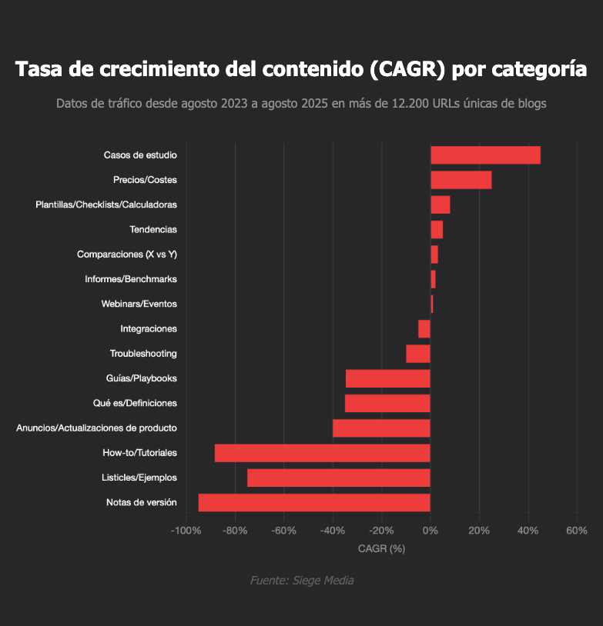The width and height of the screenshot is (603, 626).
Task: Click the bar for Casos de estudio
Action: tap(485, 155)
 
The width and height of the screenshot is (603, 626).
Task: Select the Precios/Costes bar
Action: tap(461, 180)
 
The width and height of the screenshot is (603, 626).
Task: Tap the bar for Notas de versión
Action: tap(314, 503)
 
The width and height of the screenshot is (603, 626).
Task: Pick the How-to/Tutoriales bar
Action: tap(322, 453)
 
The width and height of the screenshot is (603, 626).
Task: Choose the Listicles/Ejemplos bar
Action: tap(339, 478)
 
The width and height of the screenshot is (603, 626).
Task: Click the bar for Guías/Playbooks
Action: tap(387, 378)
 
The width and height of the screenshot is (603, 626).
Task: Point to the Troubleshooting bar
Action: tap(418, 354)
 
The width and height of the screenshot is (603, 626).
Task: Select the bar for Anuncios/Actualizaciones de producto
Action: tap(381, 428)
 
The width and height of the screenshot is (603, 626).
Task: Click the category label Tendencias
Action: tap(153, 229)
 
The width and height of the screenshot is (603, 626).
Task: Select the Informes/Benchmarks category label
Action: tap(131, 279)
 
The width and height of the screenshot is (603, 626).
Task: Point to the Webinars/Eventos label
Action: tap(139, 304)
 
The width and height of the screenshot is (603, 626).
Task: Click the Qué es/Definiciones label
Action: tap(135, 403)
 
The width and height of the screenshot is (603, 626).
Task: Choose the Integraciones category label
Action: tap(149, 329)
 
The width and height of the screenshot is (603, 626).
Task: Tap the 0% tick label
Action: tap(430, 531)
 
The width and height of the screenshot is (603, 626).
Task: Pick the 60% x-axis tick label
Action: tap(576, 531)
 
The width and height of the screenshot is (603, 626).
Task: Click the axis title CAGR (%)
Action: tap(381, 548)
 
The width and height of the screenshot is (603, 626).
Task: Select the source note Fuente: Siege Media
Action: tap(302, 581)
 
